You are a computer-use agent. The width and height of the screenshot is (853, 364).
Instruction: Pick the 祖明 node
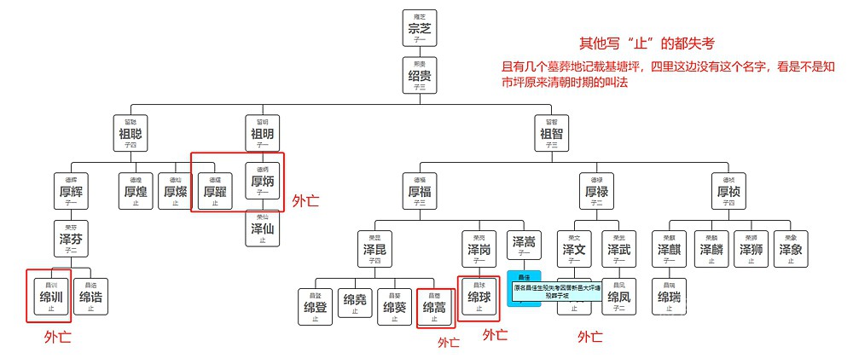coord(261,134)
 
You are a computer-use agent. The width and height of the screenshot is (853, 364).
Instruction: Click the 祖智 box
coord(551,134)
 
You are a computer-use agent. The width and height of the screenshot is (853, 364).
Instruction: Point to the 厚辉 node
coord(70,193)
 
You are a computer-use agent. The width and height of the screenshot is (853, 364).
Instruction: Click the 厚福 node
coord(420,193)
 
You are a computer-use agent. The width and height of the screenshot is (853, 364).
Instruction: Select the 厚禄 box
coord(596,193)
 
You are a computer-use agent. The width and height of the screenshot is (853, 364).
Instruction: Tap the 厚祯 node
coord(728,193)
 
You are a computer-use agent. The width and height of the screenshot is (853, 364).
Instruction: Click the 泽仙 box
coord(262,228)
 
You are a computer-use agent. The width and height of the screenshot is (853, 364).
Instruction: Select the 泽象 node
coord(790,250)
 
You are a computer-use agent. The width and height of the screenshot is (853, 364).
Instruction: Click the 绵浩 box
coord(90,298)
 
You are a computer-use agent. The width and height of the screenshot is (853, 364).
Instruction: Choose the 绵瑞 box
coord(669,298)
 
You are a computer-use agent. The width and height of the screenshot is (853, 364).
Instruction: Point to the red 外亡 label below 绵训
coord(57,338)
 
